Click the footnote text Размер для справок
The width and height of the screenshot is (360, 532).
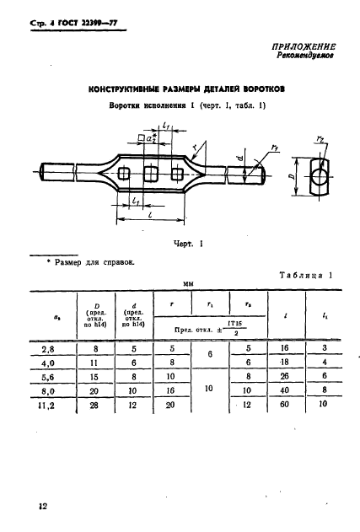tap(94, 262)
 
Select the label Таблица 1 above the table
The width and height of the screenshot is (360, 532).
tap(307, 276)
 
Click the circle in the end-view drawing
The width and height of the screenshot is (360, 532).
tap(318, 179)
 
